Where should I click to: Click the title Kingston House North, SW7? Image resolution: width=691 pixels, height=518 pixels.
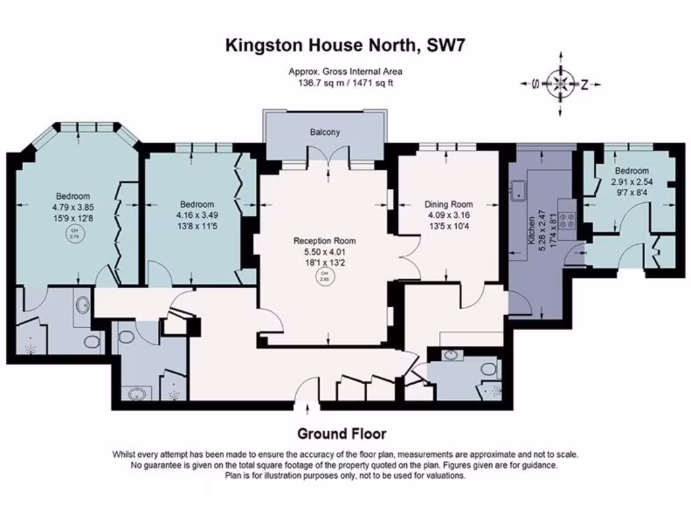coord(345,46)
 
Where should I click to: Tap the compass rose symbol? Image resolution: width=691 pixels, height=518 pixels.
coord(560,84)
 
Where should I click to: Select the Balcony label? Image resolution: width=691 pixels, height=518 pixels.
coord(325,132)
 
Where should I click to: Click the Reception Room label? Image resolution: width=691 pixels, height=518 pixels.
coord(325,241)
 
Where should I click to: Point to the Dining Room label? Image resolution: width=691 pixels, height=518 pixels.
coord(449,204)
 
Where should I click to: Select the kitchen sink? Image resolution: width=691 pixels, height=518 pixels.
coord(520,191)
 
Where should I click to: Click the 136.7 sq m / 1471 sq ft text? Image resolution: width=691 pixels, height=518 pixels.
coord(345,83)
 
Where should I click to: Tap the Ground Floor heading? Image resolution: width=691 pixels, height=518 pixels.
coord(342,434)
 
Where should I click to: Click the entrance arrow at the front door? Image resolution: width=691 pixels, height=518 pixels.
coord(308,407)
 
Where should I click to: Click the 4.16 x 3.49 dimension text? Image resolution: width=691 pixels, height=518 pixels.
coord(197,215)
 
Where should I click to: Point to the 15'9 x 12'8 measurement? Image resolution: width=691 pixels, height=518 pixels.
coord(72,219)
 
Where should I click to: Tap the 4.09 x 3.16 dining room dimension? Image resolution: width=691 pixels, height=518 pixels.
coord(449,215)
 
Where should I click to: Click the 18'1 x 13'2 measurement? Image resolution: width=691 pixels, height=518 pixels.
coord(325,262)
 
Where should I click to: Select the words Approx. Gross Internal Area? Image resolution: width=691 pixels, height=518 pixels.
coord(345,71)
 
